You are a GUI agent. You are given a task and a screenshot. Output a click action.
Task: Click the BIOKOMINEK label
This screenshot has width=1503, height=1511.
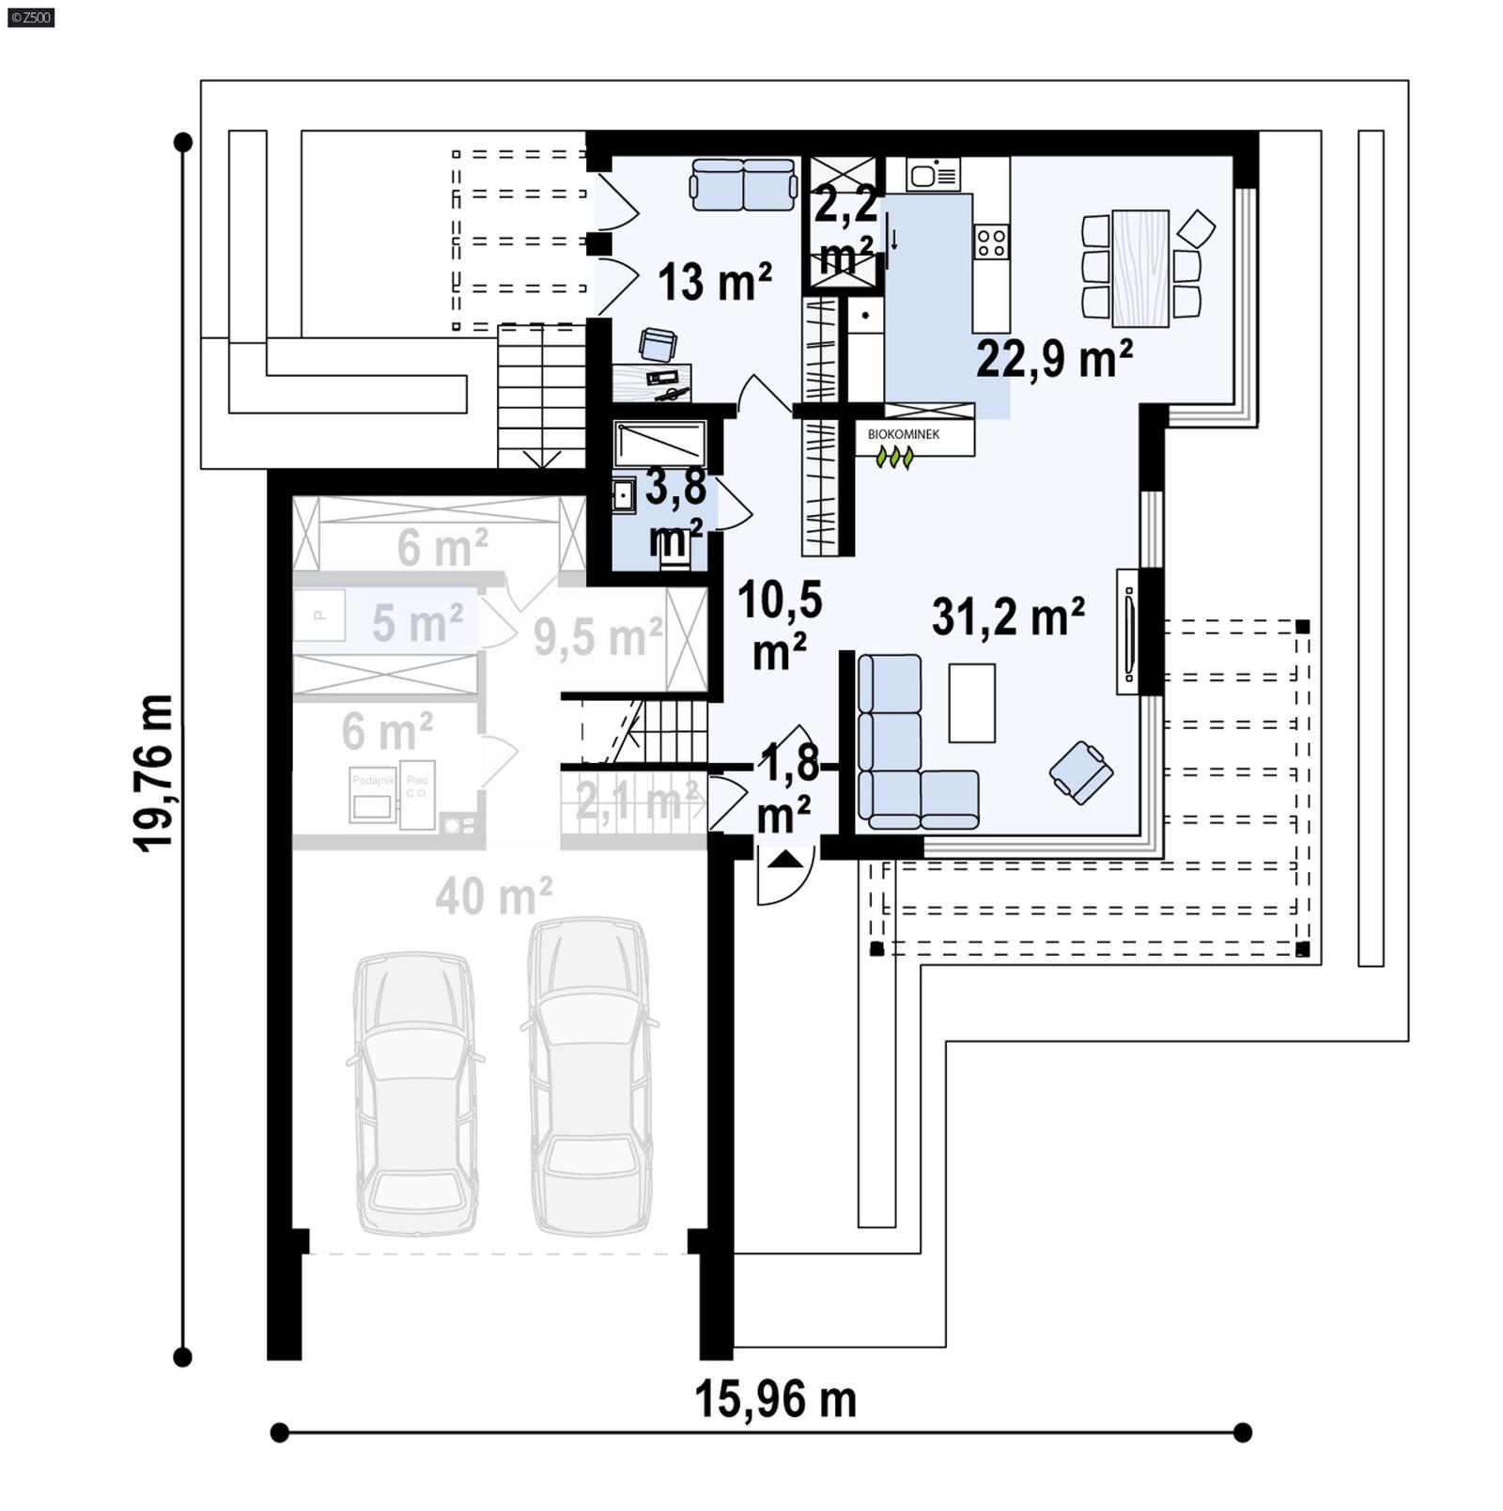click(x=903, y=434)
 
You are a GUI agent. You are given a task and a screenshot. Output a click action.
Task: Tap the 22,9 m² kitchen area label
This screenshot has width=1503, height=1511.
click(x=1054, y=358)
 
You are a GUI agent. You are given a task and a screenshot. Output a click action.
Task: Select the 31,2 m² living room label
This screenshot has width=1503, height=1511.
click(x=1008, y=617)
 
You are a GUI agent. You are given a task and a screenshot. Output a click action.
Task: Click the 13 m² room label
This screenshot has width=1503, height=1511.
click(x=714, y=281)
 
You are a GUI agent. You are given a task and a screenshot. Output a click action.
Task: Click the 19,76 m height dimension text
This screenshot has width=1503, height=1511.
click(x=153, y=772)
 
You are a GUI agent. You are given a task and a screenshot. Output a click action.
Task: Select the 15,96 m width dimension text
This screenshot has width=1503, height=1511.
click(x=775, y=1399)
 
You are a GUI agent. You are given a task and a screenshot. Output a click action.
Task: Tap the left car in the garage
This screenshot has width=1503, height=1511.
click(x=414, y=1092)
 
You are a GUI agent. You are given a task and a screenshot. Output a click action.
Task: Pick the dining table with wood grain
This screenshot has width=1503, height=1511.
click(x=1140, y=269)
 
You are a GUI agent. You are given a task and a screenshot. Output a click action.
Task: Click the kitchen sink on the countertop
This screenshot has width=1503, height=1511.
click(x=933, y=174)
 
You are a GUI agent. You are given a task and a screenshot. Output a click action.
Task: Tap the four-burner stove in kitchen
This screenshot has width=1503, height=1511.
click(x=991, y=241)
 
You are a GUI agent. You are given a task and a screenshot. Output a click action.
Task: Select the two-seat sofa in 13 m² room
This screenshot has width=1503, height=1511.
click(x=743, y=184)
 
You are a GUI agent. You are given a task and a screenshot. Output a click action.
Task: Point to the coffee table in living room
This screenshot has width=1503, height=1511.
click(x=971, y=703)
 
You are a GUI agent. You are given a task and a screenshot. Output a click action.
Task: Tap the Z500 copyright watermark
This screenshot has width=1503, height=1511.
click(x=31, y=17)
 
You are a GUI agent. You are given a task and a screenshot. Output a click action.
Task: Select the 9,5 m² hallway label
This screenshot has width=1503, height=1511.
click(x=598, y=638)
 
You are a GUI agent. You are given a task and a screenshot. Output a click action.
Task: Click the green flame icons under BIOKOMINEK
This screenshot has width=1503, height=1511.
click(x=894, y=457)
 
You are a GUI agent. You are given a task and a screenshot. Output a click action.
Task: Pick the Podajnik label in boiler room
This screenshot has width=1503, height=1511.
click(x=373, y=780)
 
